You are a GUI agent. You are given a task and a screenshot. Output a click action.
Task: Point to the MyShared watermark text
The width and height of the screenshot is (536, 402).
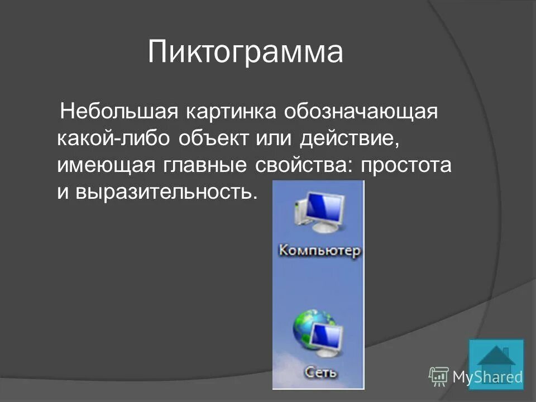click(487, 377)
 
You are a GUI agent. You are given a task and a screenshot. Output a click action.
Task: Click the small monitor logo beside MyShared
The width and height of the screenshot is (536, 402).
click(438, 376)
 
